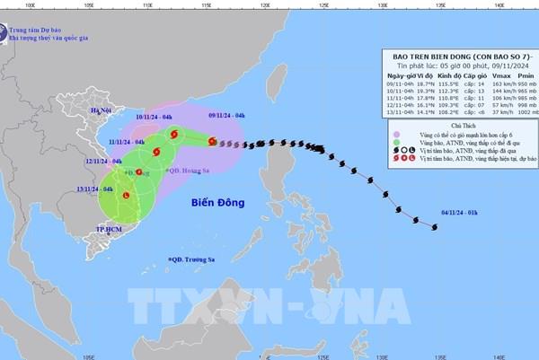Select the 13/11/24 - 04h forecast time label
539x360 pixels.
click(x=94, y=189)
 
